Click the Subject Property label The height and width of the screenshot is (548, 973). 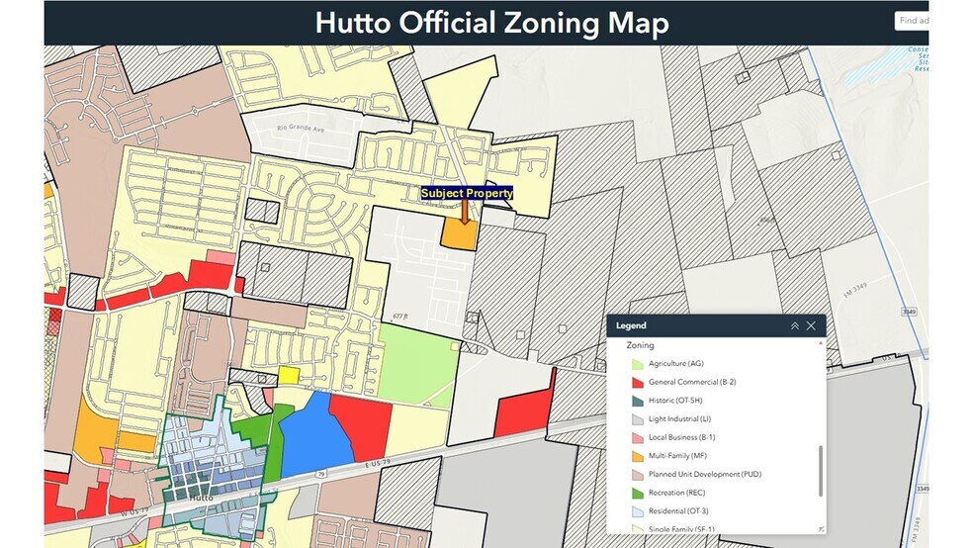[x=467, y=193]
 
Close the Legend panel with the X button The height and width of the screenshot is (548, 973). [x=811, y=325]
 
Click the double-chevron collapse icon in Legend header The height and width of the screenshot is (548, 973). [x=793, y=325]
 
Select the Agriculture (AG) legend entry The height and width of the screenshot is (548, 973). [x=675, y=364]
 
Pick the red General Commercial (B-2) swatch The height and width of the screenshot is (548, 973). [x=638, y=382]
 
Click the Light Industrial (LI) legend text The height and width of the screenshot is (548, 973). [x=679, y=418]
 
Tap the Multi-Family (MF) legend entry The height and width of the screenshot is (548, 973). [x=677, y=455]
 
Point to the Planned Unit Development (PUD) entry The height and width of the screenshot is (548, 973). [x=704, y=474]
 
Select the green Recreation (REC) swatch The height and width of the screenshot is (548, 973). [x=638, y=493]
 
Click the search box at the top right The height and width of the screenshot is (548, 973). [x=913, y=21]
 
